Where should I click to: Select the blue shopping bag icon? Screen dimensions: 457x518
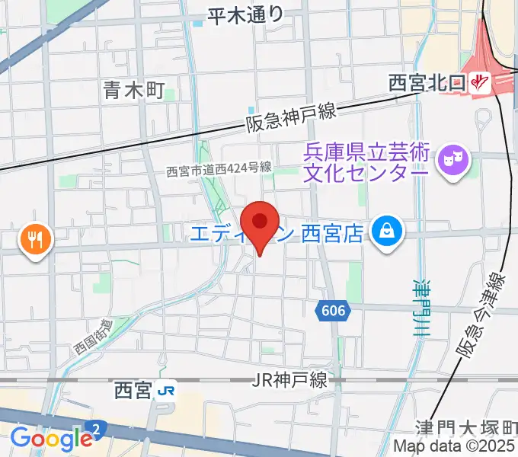pos(388,229)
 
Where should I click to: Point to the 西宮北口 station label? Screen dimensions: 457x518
pos(427,82)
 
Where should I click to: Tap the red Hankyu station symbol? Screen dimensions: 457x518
pos(480,82)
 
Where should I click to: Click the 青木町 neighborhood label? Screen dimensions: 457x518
pos(133,92)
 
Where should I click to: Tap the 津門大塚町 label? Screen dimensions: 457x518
pos(466,428)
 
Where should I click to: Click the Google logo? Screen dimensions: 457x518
pos(51,439)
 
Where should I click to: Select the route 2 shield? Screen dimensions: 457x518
pos(97,429)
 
